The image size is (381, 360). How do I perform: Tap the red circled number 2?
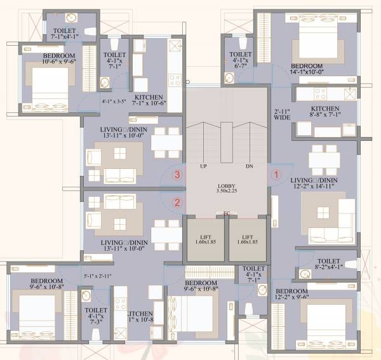coord(178,203)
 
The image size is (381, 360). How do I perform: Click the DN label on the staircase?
coord(249,166)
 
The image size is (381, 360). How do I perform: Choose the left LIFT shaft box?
coord(205,239)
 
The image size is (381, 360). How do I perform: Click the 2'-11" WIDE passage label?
coord(282,114)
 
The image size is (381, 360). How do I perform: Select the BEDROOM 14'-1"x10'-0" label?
coord(307,69)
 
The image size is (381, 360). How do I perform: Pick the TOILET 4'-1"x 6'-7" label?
coord(241,59)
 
